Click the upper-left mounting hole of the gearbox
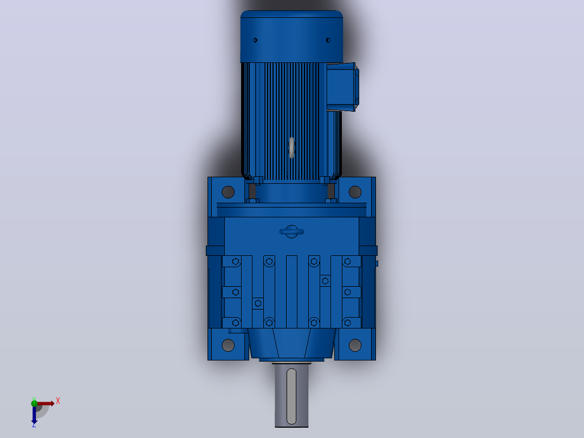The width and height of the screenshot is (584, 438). (x=228, y=192)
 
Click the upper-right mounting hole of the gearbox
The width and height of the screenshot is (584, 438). (x=355, y=192)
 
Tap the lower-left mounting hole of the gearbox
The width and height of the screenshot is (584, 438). (x=228, y=345)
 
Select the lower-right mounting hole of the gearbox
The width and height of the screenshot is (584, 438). (x=355, y=345)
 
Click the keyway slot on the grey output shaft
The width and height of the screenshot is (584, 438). (x=291, y=396)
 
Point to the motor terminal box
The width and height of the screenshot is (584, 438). (x=342, y=87)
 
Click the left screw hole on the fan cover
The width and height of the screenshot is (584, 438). (x=255, y=40)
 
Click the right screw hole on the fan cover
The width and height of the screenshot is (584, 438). (x=328, y=40)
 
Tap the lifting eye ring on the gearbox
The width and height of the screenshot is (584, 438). (x=291, y=232)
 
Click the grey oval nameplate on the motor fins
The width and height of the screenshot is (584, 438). (x=291, y=147)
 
